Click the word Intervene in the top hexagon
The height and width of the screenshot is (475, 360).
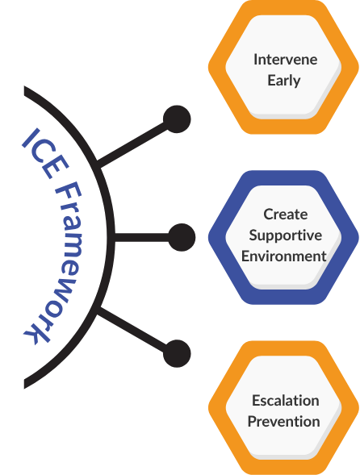(x=286, y=60)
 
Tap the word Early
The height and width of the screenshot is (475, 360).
(x=284, y=81)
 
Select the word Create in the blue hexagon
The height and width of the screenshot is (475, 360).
(x=286, y=215)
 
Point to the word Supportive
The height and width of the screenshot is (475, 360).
(x=286, y=235)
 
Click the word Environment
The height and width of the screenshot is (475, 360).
(x=284, y=256)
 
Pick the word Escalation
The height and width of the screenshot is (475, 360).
(x=286, y=401)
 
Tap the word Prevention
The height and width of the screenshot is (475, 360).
(x=284, y=422)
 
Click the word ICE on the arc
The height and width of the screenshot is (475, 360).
(x=45, y=153)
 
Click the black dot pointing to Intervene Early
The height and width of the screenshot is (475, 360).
(x=177, y=119)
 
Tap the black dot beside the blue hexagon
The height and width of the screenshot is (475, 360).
(x=182, y=237)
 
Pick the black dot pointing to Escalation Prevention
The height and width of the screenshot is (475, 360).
(x=177, y=353)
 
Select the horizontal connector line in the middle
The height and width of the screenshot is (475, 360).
(x=141, y=237)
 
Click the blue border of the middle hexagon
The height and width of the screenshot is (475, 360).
(x=217, y=237)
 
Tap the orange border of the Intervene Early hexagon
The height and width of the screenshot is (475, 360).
(x=217, y=67)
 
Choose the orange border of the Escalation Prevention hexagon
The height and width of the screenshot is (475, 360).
(x=217, y=407)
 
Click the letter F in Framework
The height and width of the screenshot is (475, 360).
(x=69, y=194)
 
